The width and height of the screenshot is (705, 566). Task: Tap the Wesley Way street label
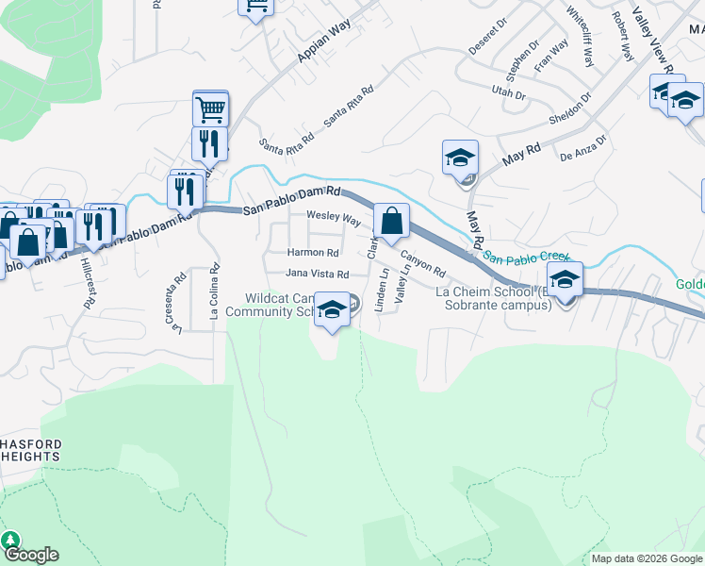click(x=334, y=219)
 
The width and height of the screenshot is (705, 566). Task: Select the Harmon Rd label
click(x=313, y=253)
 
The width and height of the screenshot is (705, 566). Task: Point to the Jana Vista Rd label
click(x=318, y=274)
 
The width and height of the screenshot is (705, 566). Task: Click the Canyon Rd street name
click(x=422, y=258)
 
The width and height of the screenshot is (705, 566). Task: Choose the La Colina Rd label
click(x=215, y=292)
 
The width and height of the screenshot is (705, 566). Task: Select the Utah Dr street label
click(x=508, y=93)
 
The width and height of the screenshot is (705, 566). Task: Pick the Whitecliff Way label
click(x=581, y=37)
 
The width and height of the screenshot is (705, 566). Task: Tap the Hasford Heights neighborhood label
click(x=30, y=449)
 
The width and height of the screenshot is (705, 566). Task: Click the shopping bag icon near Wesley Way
click(x=391, y=222)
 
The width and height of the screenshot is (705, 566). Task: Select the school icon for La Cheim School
click(x=565, y=281)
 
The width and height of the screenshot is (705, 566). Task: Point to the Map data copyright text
click(x=647, y=558)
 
